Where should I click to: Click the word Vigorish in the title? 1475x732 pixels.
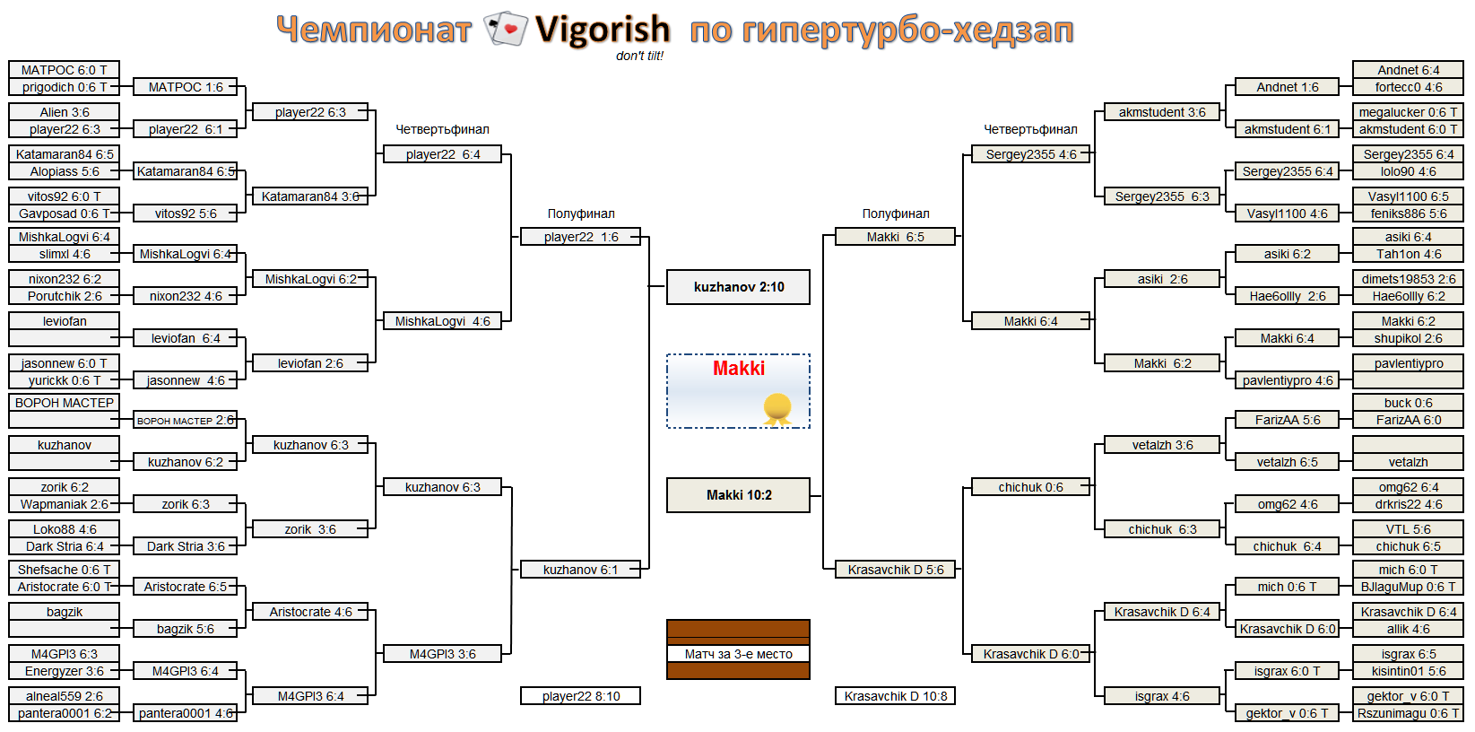[x=603, y=30]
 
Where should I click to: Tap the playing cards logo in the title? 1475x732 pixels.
[x=506, y=29]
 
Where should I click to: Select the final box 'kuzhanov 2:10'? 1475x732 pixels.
[x=738, y=286]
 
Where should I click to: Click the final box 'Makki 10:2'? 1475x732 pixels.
[x=738, y=495]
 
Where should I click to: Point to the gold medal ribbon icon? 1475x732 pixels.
[x=777, y=408]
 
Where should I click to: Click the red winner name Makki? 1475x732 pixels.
[x=739, y=368]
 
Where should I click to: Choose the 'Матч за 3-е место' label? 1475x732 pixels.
[x=738, y=654]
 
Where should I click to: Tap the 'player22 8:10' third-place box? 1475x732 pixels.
[x=580, y=696]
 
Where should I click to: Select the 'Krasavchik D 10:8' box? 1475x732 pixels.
[x=895, y=696]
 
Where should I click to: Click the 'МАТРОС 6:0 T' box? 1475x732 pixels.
[x=64, y=70]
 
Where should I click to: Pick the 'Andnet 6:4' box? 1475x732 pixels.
[x=1408, y=70]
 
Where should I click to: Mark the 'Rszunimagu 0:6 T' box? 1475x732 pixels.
[x=1408, y=713]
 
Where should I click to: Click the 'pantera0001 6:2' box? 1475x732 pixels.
[x=64, y=713]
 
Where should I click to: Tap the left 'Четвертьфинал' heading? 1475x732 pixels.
[x=443, y=129]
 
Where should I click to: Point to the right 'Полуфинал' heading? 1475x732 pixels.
[x=896, y=213]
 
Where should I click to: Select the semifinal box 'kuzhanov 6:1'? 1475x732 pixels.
[x=580, y=570]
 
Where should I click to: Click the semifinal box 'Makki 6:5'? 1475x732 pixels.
[x=895, y=237]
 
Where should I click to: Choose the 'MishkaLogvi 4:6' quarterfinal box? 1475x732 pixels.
[x=442, y=321]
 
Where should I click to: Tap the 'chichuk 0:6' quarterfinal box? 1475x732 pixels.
[x=1030, y=487]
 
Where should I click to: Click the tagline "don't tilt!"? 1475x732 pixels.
[x=639, y=56]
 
